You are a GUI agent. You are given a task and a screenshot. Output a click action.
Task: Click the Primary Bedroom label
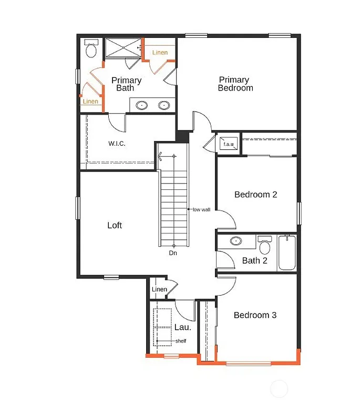point(235,84)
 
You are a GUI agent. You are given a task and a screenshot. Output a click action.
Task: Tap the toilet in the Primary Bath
point(91,49)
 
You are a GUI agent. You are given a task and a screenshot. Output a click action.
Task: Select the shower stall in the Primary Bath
point(123,48)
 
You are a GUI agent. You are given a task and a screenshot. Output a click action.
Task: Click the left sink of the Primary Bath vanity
point(142,105)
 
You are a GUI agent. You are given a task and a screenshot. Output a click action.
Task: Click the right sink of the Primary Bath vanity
point(164,105)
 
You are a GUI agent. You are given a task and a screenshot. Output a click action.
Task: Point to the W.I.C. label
point(117,144)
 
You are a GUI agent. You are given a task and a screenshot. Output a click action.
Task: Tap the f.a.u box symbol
point(229,144)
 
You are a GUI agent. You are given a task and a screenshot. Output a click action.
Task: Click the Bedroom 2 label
point(255,195)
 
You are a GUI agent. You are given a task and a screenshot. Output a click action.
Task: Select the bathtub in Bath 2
point(287,252)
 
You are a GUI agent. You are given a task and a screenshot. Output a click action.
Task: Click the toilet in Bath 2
point(265,246)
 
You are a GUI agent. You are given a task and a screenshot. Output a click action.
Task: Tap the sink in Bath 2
point(236,241)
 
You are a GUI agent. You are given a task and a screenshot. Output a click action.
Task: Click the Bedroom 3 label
point(255,315)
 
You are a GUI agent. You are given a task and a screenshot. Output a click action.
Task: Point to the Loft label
point(115,225)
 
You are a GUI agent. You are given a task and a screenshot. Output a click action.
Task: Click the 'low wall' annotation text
point(201,209)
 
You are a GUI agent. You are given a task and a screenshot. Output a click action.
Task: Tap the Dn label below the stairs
point(172,253)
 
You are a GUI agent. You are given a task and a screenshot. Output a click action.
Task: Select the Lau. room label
point(182,327)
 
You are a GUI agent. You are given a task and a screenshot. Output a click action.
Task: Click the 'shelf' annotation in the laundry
point(180,341)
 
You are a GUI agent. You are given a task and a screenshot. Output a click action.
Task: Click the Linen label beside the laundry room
point(159,289)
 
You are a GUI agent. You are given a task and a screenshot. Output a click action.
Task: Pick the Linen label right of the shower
point(160,53)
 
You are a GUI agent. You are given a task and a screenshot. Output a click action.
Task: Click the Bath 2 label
point(255,260)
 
